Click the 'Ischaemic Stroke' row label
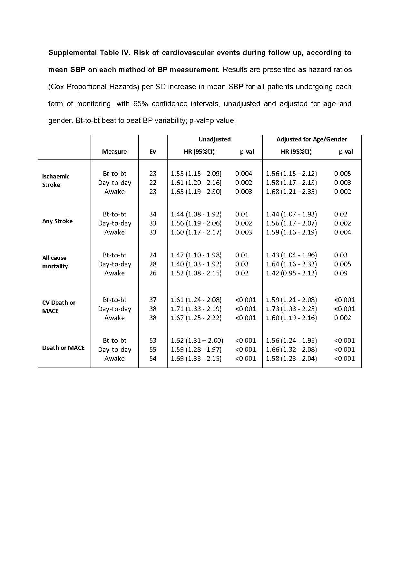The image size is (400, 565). (56, 180)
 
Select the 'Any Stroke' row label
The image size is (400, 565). (57, 221)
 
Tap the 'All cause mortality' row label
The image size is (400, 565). (55, 262)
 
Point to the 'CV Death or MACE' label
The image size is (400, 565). (59, 307)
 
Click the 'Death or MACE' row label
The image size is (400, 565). (63, 348)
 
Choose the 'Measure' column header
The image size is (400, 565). (114, 151)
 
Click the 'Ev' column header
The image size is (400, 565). (153, 151)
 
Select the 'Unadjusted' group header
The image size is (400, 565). (214, 139)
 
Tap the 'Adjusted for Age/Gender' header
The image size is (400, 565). (311, 139)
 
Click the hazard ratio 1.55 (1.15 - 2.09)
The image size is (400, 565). (196, 174)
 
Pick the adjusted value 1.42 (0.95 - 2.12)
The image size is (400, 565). (291, 273)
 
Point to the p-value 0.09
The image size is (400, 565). (341, 273)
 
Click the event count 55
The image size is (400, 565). (153, 350)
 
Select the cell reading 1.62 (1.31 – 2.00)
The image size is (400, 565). (197, 340)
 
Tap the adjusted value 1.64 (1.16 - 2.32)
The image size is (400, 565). (291, 264)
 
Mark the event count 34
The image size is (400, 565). (153, 214)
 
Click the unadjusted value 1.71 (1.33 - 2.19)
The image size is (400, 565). (196, 309)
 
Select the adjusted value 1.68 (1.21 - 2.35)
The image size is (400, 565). (291, 192)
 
